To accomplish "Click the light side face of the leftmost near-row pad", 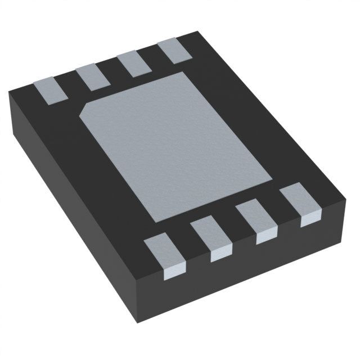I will tap(171, 274).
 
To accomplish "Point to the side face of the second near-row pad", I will tap(220, 255).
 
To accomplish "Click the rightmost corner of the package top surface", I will tap(344, 197).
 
